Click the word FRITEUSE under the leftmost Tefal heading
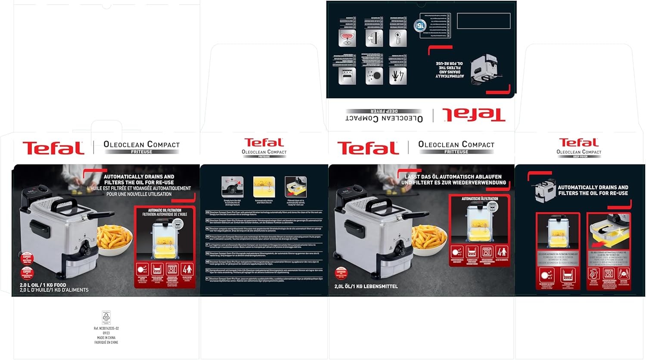(x=141, y=152)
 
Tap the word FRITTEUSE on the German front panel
(x=456, y=152)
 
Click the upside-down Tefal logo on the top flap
(x=474, y=115)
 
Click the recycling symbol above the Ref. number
(x=106, y=317)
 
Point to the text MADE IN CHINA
(x=106, y=338)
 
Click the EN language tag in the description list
(x=208, y=212)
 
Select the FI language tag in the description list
(x=208, y=279)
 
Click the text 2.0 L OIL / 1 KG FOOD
(x=43, y=285)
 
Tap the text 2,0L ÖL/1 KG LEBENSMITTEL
(x=366, y=286)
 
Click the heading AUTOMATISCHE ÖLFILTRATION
(x=480, y=199)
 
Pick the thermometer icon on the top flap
(x=398, y=38)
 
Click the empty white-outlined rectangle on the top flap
(x=483, y=21)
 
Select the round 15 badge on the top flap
(x=419, y=25)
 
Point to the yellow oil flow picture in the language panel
(x=264, y=187)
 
